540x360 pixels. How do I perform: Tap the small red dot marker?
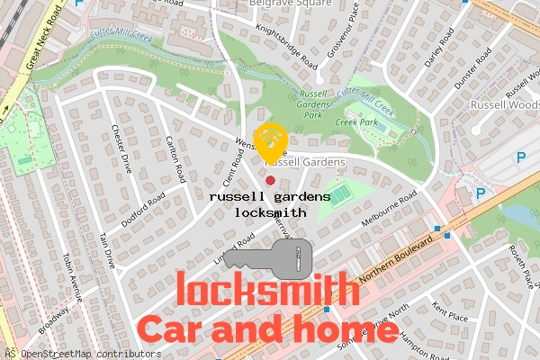[x=270, y=181]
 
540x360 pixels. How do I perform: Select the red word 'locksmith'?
[x=264, y=290]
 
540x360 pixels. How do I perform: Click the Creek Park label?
[x=355, y=121]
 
